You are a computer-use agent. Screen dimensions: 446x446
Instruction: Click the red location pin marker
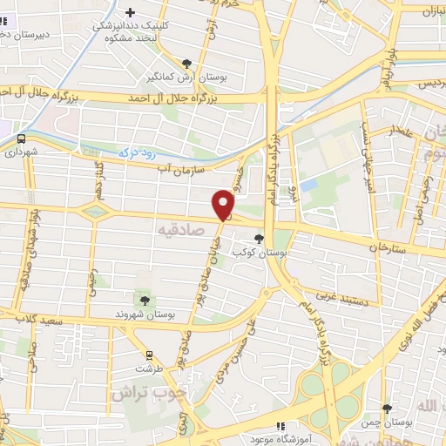[224, 205]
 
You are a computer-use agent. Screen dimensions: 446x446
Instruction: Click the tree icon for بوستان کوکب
[259, 238]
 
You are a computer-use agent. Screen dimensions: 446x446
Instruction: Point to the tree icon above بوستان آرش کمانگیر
[187, 63]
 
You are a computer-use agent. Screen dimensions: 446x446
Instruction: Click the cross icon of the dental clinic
[131, 13]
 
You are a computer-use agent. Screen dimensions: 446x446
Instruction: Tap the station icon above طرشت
[149, 355]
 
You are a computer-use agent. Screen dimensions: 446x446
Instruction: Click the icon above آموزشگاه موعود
[280, 426]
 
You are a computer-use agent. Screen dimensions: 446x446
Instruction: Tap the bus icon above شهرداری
[20, 138]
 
